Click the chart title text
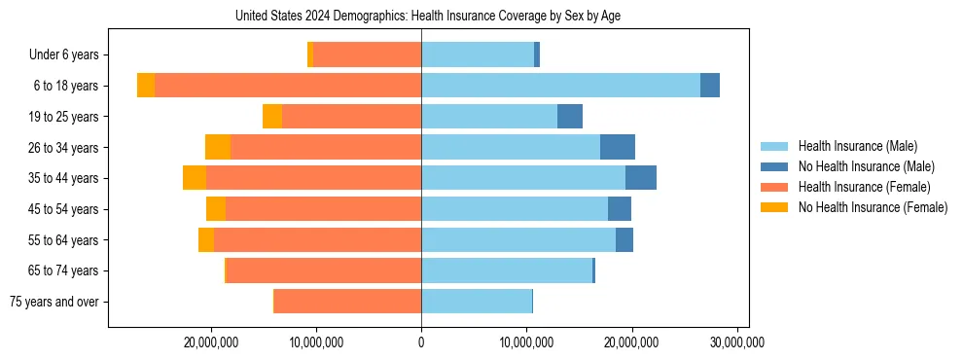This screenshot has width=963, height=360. (x=428, y=17)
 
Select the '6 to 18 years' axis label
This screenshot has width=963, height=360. (x=65, y=86)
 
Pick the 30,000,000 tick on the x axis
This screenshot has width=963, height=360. (x=737, y=342)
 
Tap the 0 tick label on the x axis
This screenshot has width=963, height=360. (x=421, y=342)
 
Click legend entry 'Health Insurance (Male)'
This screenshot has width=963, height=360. (x=857, y=146)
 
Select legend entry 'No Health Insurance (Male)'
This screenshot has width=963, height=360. (x=866, y=166)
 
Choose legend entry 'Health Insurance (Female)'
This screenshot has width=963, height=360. (x=861, y=187)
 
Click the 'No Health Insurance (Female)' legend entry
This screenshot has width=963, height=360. (x=872, y=207)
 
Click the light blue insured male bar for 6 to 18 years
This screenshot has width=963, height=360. (x=560, y=86)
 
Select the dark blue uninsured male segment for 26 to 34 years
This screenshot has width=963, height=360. (x=618, y=147)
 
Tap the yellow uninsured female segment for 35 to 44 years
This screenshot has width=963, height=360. (x=195, y=178)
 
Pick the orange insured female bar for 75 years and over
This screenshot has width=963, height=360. (x=347, y=302)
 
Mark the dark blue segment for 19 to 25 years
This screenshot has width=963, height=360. (x=570, y=117)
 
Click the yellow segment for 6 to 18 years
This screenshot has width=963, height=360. (x=146, y=86)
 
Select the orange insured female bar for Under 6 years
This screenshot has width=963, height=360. (x=367, y=55)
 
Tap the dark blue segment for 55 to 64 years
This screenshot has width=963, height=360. (x=624, y=239)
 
